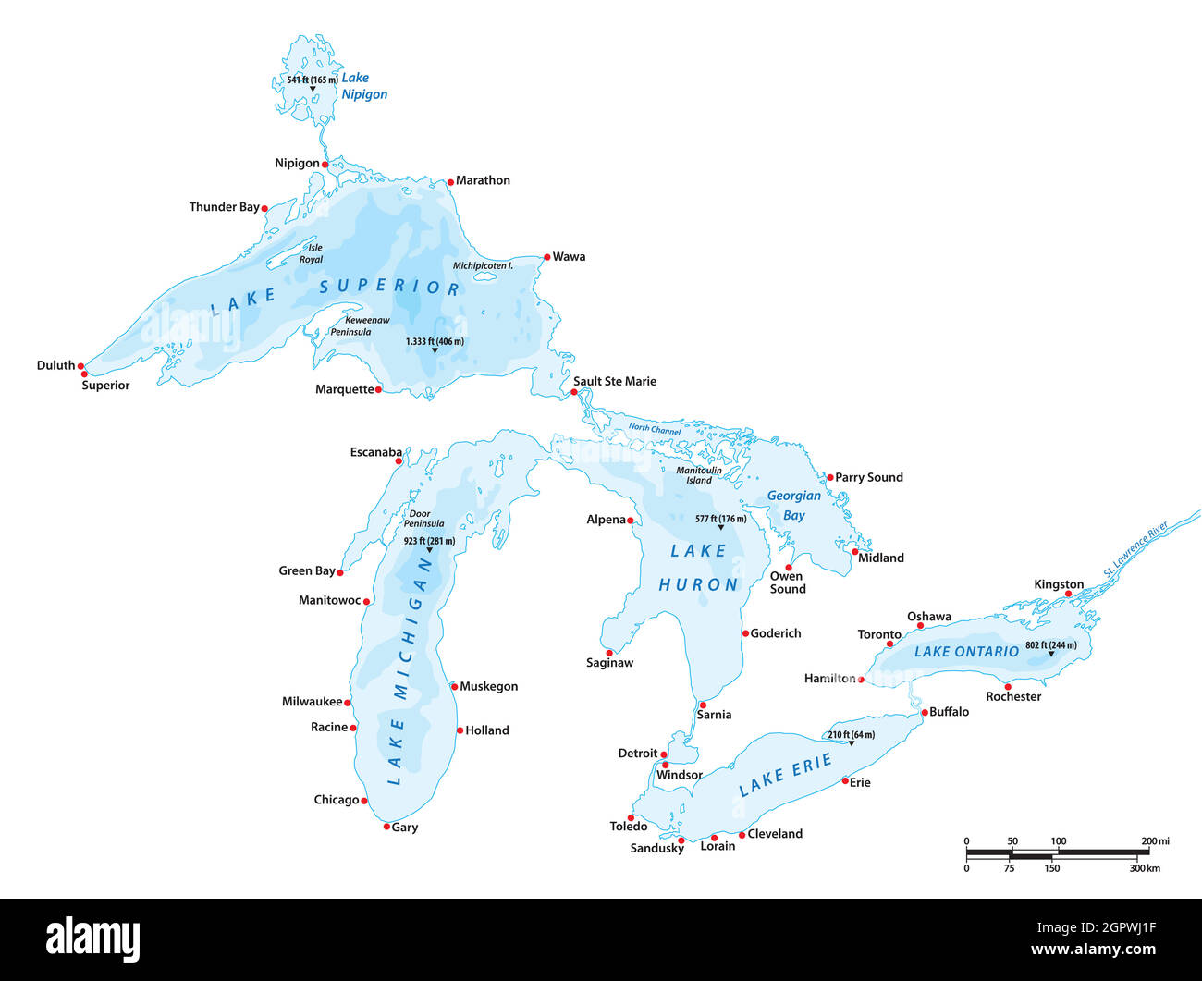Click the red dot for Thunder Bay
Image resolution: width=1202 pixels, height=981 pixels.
tap(264, 209)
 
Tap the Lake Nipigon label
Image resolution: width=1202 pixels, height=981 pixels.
tap(364, 86)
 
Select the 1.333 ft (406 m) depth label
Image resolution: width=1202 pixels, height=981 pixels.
tap(435, 341)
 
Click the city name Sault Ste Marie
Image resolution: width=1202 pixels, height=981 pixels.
tap(615, 381)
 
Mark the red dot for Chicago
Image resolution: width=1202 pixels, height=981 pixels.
tap(364, 801)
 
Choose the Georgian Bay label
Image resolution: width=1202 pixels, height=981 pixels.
tap(793, 506)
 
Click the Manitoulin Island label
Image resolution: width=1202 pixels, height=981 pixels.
tap(699, 475)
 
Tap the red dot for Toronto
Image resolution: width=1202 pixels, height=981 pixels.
tap(890, 644)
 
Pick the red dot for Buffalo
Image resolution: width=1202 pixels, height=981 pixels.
tap(924, 713)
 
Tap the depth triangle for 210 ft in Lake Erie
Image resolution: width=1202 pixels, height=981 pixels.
tap(852, 743)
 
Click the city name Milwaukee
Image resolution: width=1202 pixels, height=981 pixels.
tap(312, 702)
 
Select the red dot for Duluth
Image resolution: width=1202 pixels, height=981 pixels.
tap(81, 366)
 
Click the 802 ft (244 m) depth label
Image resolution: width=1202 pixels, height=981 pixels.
tap(1050, 645)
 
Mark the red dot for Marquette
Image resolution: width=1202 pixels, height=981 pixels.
tap(378, 390)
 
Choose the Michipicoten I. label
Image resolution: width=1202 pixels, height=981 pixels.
tap(483, 265)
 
